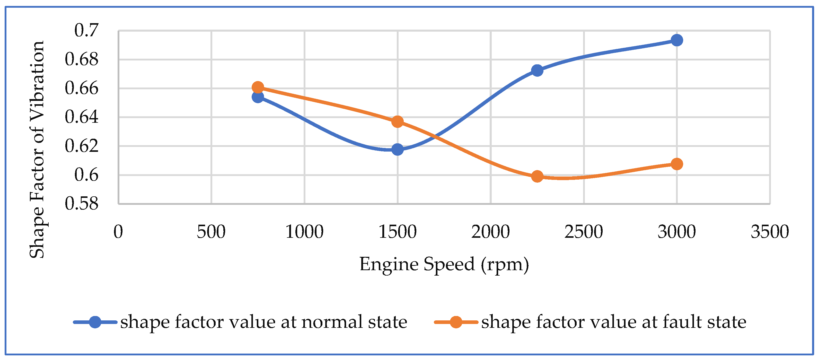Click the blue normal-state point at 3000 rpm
click(x=677, y=40)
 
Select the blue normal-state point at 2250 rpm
click(x=537, y=71)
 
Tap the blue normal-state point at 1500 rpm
click(x=398, y=149)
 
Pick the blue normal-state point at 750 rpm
click(x=258, y=97)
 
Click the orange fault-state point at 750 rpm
click(x=258, y=87)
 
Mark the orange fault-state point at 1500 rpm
click(x=398, y=122)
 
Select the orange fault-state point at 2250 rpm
click(x=537, y=176)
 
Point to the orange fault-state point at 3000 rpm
click(x=677, y=164)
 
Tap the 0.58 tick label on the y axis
click(x=82, y=204)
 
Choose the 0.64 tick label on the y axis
click(x=82, y=117)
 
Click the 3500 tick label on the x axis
click(x=770, y=232)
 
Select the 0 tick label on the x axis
click(x=118, y=232)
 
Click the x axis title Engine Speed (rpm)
click(x=444, y=264)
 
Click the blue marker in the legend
click(x=95, y=322)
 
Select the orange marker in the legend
click(x=456, y=322)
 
